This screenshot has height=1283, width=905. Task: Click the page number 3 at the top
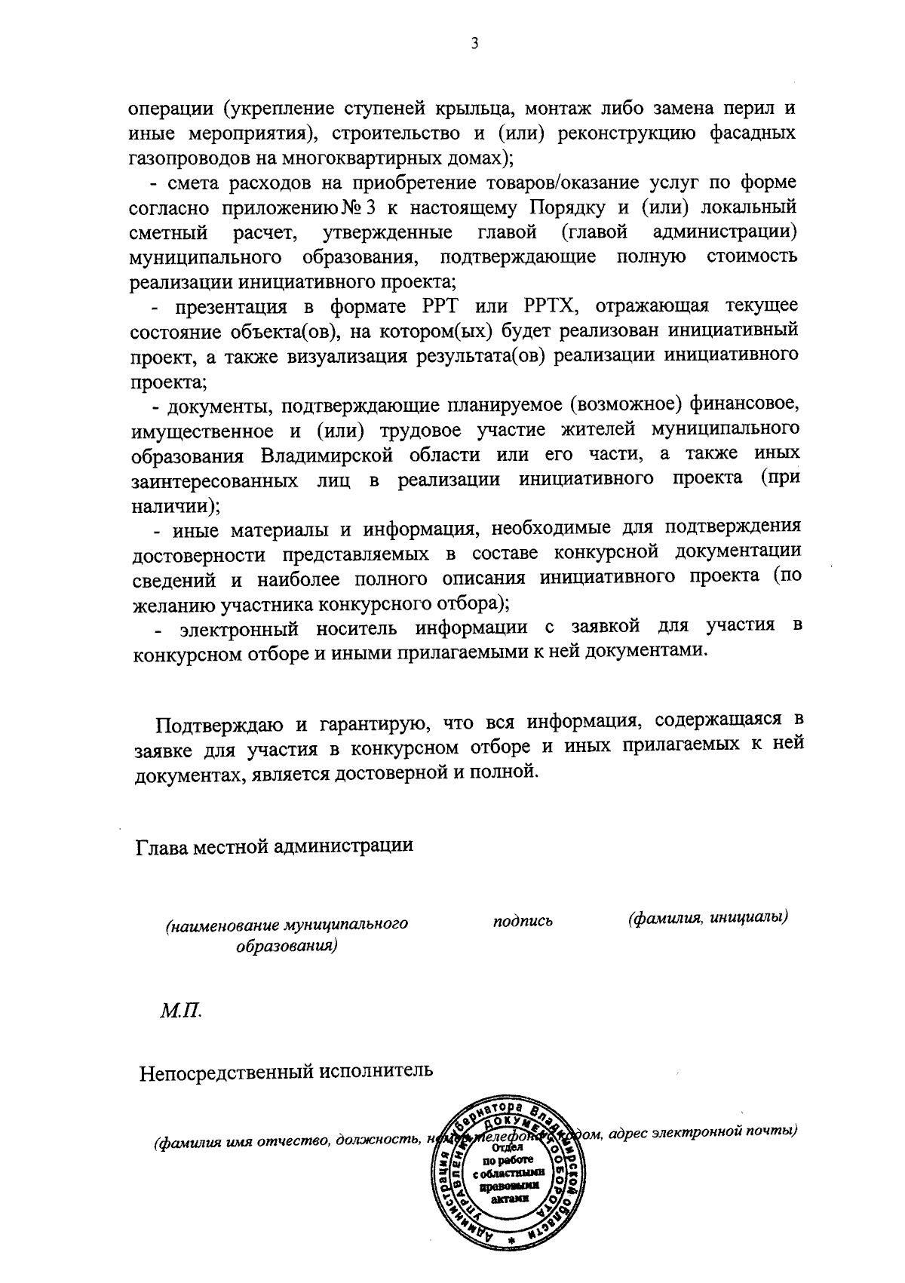click(474, 44)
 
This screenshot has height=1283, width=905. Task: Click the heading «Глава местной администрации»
click(275, 846)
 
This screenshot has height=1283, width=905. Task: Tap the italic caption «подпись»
click(523, 921)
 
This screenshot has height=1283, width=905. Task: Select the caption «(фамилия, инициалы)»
click(707, 918)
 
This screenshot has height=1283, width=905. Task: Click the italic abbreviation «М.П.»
click(180, 1009)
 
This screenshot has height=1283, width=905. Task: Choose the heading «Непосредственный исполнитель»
click(287, 1071)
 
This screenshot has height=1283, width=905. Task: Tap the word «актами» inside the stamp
click(509, 1197)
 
